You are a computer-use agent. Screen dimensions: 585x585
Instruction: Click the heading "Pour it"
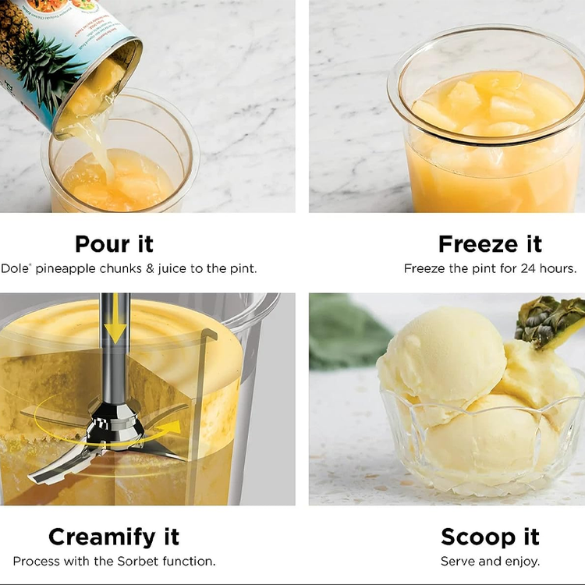pos(114,244)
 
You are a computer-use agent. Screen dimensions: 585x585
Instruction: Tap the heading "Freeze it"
pos(490,244)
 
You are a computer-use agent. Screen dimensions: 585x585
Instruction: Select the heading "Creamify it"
pos(114,537)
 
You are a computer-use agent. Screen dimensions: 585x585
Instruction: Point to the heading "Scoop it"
pos(490,537)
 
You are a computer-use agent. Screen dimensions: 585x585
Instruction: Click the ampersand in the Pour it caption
pos(150,268)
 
